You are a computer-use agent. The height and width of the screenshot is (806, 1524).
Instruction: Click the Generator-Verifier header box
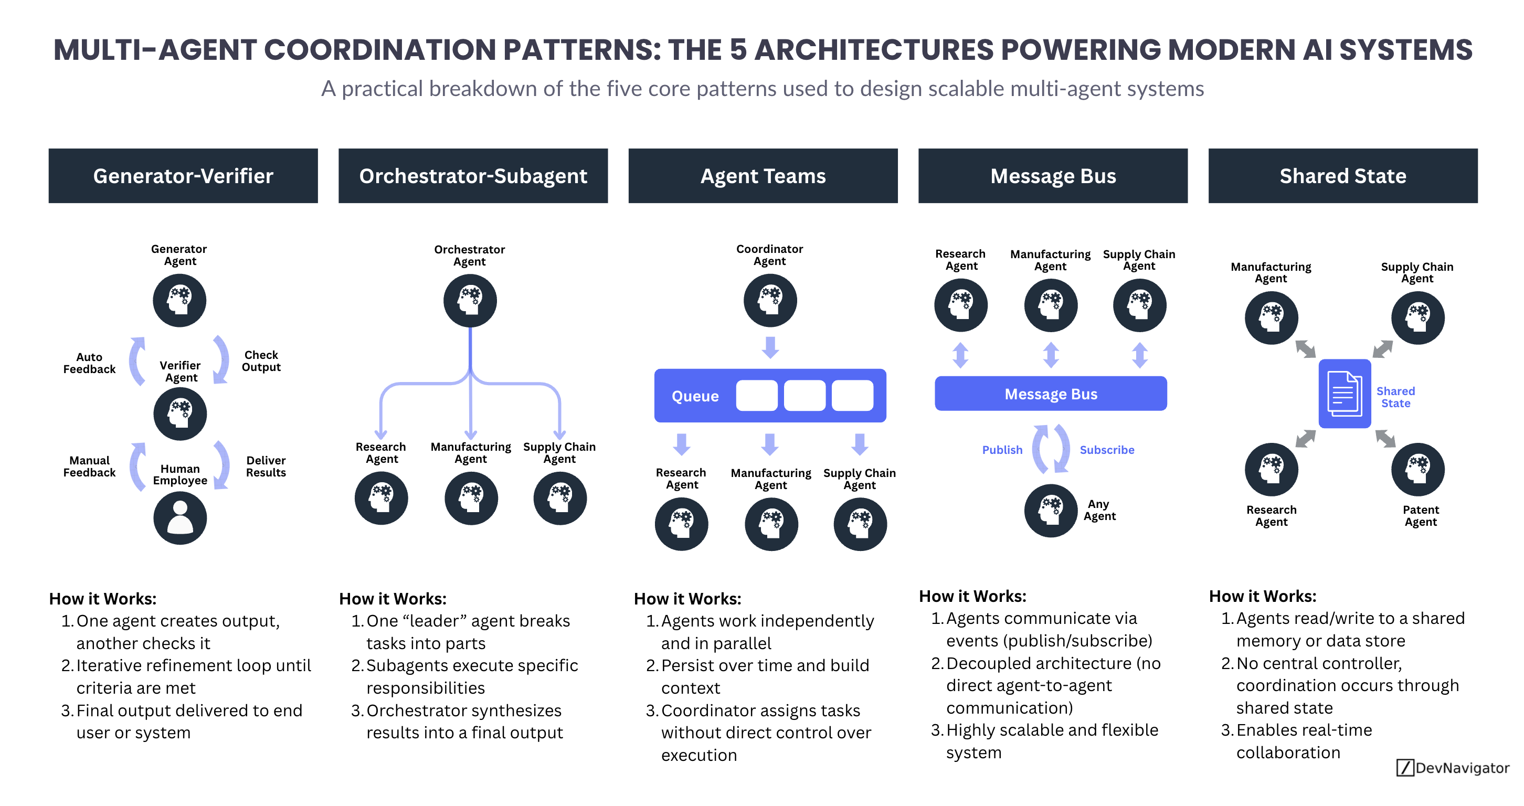point(183,176)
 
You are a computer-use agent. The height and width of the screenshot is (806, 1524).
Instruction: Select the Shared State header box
point(1342,176)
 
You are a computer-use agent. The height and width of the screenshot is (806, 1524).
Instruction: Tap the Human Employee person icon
point(180,518)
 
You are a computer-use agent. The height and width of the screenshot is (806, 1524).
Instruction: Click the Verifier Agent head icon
point(180,413)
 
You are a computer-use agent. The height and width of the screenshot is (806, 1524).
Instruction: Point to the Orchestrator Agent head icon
point(470,300)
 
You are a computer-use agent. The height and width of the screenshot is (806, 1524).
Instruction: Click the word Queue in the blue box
point(694,396)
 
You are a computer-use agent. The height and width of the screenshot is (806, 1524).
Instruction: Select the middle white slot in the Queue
point(804,396)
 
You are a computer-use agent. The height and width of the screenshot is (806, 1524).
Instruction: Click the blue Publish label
point(1002,450)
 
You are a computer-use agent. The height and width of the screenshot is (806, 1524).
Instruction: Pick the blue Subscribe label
point(1106,450)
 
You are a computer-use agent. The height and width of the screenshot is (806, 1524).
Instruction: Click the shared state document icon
point(1343,393)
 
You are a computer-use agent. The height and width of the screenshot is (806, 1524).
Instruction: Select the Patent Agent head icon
point(1417,469)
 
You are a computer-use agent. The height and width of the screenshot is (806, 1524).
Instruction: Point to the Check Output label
point(261,360)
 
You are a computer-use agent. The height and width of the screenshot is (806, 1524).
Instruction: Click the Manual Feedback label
point(89,466)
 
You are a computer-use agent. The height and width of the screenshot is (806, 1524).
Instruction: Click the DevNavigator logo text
point(1462,768)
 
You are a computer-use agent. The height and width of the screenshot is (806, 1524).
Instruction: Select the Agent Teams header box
point(763,176)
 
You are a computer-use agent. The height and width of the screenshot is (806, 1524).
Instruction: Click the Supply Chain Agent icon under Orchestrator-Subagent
point(559,498)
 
